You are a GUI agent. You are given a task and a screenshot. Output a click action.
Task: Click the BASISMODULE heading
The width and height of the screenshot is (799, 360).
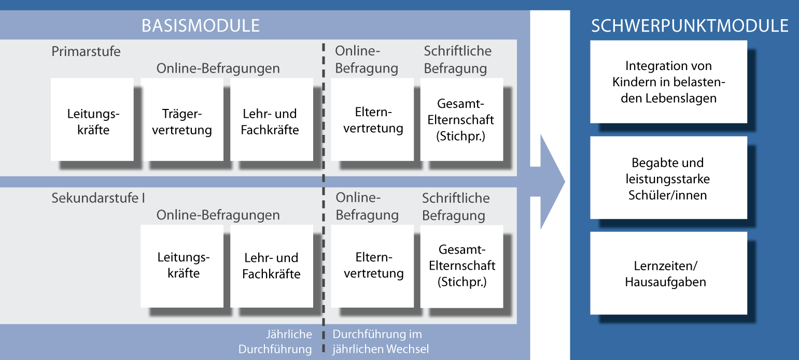coord(201,26)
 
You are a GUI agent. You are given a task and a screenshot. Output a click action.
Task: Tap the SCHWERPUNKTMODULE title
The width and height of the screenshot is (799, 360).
coord(690,26)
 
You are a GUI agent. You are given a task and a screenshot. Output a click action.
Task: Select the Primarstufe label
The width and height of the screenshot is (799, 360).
coord(86,51)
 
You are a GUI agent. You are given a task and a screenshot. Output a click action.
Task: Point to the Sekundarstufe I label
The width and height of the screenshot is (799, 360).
coord(98,198)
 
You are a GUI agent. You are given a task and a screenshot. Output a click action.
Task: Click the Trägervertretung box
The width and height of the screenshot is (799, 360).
coord(182,119)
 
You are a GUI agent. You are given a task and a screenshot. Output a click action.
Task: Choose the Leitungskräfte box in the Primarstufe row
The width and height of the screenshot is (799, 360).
coord(92,119)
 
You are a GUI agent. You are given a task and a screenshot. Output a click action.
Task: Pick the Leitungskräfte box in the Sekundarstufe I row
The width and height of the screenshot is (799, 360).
coord(182,266)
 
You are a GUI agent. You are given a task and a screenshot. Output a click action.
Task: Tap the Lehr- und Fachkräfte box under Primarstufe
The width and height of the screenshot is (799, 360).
coord(272,119)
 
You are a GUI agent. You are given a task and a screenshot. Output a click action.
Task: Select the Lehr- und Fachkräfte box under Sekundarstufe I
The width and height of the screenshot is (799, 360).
coord(272,266)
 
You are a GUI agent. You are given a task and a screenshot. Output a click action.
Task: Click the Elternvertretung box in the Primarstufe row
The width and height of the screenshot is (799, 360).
coord(372,119)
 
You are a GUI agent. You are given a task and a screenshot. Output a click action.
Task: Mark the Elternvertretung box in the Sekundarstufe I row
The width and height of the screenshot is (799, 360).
coord(372,266)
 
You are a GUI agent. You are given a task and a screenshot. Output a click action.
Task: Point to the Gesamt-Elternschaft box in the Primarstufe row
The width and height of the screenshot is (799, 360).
coord(461,119)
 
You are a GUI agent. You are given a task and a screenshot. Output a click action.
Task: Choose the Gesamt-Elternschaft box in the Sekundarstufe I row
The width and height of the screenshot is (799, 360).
coord(461,266)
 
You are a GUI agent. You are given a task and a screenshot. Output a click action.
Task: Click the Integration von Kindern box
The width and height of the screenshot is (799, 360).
coord(668,82)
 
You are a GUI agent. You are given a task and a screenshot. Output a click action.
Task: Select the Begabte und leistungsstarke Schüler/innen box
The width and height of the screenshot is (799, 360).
coord(668,178)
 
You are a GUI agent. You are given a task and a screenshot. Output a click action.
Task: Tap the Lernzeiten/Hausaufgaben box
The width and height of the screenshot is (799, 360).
coord(668,273)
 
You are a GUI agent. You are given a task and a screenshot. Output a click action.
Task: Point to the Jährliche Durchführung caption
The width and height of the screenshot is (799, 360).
coord(275,341)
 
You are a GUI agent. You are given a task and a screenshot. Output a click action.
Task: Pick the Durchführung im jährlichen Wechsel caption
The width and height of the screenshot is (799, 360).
coord(381,341)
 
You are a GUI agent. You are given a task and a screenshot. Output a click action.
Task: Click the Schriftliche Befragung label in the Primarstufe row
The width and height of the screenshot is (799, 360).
coord(458,60)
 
